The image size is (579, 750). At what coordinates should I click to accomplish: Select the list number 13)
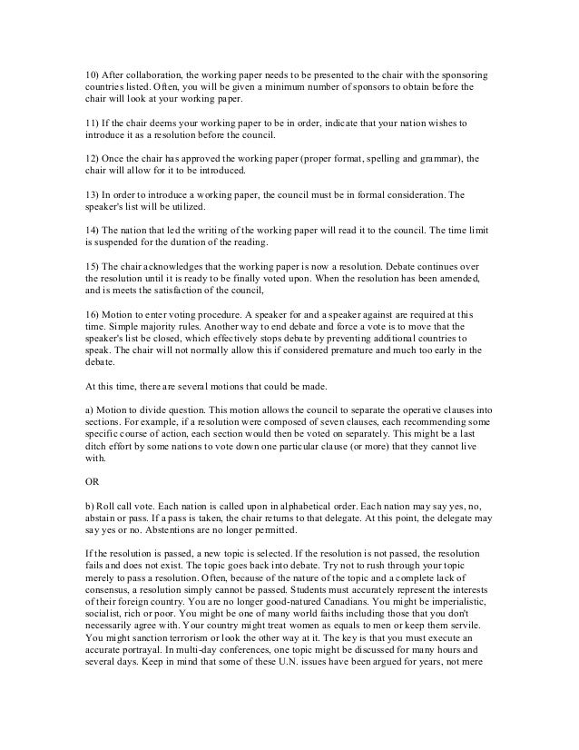pyautogui.click(x=82, y=194)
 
